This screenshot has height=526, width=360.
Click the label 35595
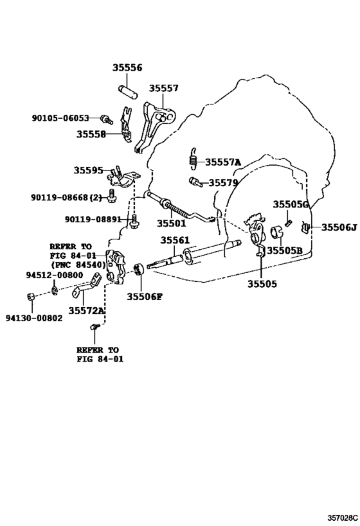[87, 170]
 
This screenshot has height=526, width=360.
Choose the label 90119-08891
[93, 220]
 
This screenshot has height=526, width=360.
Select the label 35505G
[291, 204]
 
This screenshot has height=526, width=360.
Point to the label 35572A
[87, 310]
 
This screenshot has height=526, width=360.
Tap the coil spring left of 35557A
[192, 159]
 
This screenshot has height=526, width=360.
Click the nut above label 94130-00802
[32, 296]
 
